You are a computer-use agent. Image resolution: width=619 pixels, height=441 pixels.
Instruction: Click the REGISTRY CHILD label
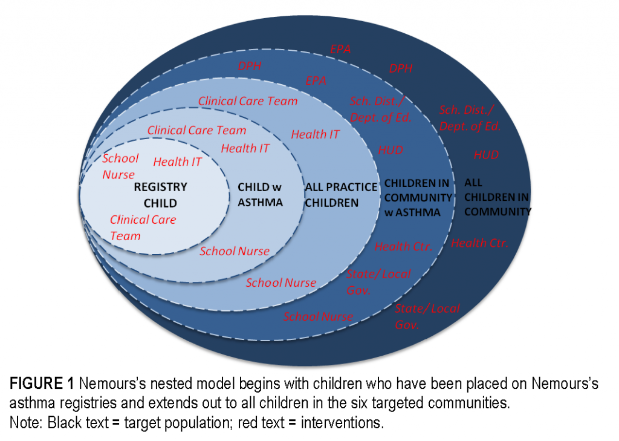coord(160,195)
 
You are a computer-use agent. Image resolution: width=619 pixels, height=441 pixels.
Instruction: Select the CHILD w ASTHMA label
coord(260,194)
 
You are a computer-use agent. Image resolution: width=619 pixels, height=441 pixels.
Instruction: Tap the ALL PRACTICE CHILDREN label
coord(341,195)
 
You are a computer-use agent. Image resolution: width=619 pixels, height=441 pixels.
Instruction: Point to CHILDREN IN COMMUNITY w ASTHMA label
coord(418,198)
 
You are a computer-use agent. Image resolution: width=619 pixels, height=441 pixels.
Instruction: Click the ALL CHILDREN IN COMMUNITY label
coord(497,197)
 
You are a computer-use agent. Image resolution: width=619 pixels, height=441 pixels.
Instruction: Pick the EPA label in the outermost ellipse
coord(340,50)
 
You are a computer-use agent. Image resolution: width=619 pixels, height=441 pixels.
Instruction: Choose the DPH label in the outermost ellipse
coord(401,68)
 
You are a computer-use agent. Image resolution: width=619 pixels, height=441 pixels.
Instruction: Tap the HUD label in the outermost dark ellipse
coord(486,155)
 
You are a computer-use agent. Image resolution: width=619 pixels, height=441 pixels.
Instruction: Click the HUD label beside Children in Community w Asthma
coord(391,150)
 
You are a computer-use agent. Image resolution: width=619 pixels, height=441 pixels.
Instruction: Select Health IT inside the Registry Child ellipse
coord(177,162)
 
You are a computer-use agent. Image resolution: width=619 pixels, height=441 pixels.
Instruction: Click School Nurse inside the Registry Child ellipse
coord(120,166)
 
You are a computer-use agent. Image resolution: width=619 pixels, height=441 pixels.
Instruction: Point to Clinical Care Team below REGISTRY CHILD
coord(143,227)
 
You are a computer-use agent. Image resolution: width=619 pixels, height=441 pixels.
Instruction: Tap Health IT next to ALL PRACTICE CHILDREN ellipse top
coord(315,134)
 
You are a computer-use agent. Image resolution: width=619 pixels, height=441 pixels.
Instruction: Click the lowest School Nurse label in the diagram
coord(318,316)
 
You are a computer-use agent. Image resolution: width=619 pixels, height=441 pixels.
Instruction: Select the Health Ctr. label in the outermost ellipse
coord(479,243)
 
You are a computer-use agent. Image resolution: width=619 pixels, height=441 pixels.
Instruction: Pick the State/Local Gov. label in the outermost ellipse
coord(427,316)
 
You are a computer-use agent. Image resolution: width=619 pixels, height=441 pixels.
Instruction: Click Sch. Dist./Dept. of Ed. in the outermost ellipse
coord(470,118)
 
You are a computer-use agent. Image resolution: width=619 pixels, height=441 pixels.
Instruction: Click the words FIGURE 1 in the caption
coord(42,384)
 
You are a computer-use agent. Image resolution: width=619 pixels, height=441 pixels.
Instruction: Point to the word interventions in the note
coord(342,422)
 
